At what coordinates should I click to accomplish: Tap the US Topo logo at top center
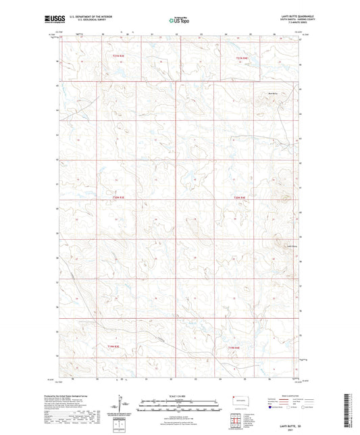click(x=180, y=20)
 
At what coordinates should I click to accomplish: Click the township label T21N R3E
click(x=120, y=56)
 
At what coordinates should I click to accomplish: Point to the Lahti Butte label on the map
click(x=292, y=246)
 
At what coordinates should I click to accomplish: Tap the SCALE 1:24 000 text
click(x=180, y=395)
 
